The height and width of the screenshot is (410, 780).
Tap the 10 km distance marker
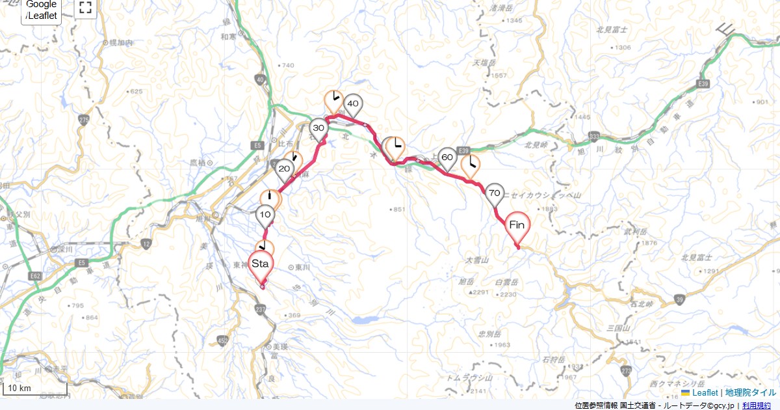(265, 215)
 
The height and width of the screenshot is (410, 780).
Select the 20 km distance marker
(284, 171)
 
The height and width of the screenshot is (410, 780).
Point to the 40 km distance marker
(353, 104)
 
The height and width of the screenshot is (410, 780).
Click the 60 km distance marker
(447, 158)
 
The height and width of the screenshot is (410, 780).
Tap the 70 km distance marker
(495, 193)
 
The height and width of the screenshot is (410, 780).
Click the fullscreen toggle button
(84, 8)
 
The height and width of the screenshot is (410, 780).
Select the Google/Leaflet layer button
(42, 10)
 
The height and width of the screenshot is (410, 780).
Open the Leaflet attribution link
(704, 392)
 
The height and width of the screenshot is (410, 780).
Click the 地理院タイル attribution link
(751, 392)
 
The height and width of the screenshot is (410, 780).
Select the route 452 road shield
(223, 340)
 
